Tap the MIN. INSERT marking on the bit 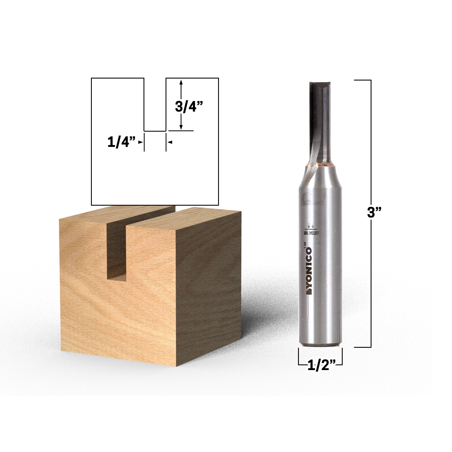point(312,232)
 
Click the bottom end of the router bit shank point(320,343)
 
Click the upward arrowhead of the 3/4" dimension point(181,82)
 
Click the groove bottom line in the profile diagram point(155,131)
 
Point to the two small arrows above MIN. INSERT point(311,226)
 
